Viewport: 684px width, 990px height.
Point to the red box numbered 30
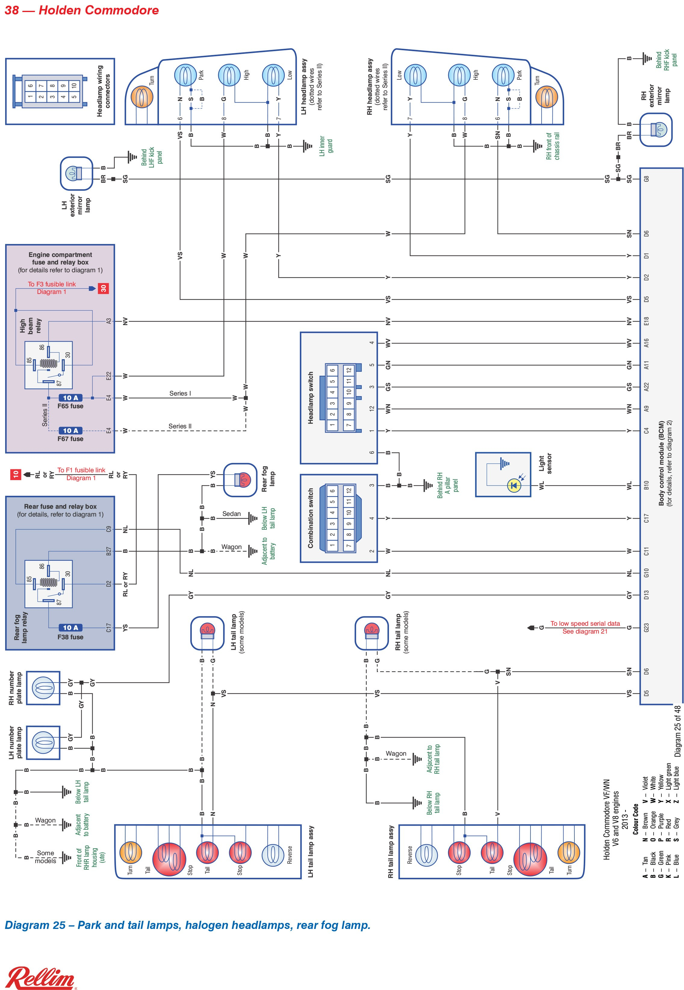coord(103,288)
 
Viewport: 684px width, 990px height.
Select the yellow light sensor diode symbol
coord(514,485)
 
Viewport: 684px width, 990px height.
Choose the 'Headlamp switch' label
coord(311,398)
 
